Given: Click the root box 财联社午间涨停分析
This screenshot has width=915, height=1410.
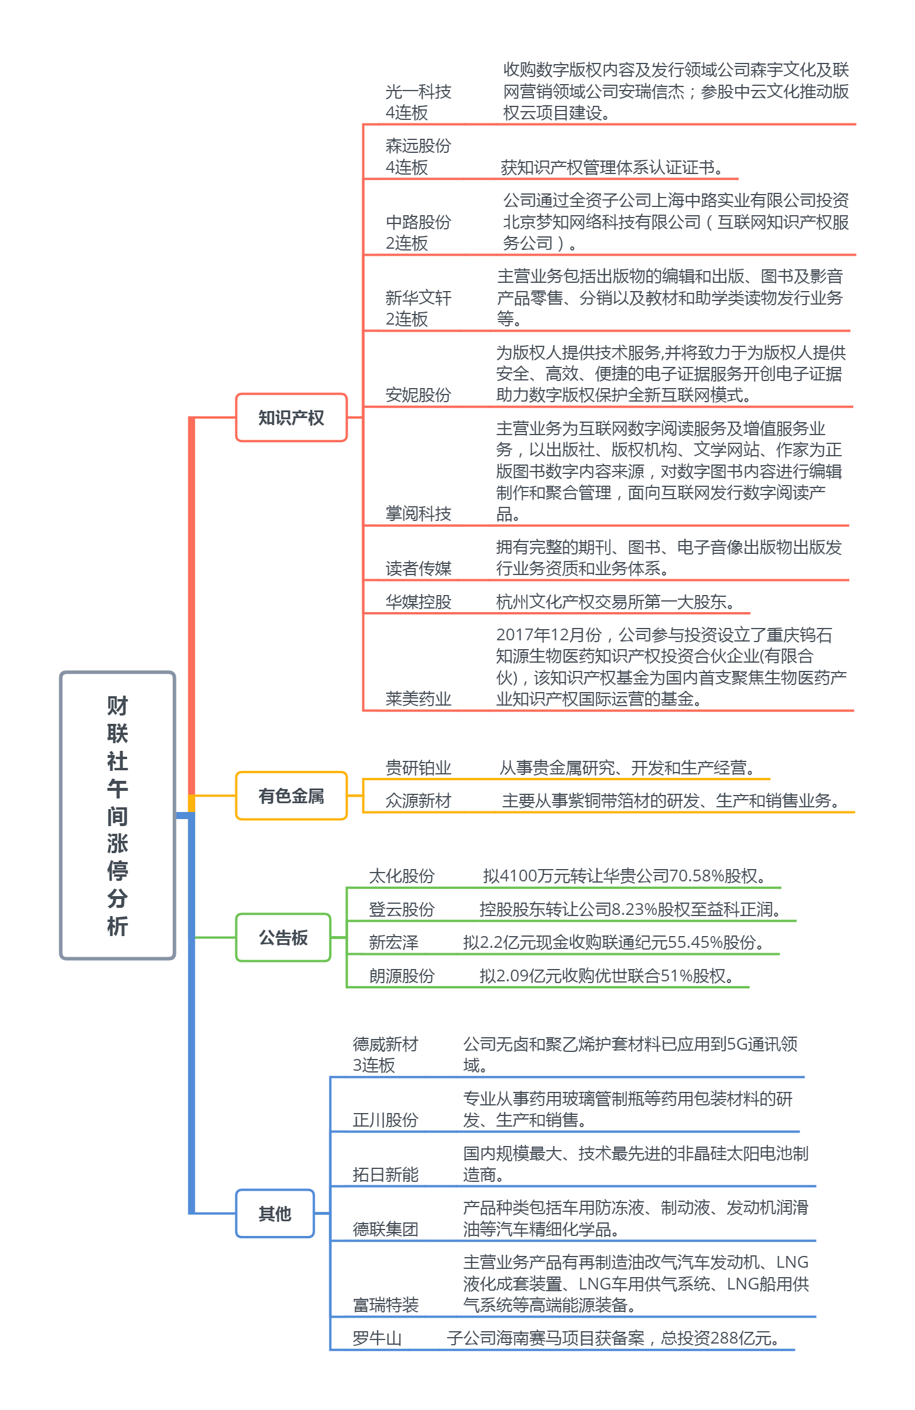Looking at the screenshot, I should coord(118,814).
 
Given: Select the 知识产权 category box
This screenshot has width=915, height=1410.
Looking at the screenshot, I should coord(291,417).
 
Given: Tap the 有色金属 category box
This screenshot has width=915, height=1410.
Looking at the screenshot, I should coord(291,796).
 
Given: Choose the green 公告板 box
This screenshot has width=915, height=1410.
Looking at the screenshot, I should coord(283,937).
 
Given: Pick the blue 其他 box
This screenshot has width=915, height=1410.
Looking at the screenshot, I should coord(275,1213).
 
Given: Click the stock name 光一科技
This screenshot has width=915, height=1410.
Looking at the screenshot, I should coord(418,92).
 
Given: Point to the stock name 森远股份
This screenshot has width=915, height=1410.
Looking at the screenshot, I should coord(418,146).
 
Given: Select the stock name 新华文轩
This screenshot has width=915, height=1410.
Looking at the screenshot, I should coord(418,298).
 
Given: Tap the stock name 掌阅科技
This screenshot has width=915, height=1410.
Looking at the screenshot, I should coord(418,513).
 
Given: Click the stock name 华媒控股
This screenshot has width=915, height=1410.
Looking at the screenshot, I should coord(418,602).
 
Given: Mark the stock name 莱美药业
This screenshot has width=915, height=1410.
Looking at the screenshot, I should coord(418,699).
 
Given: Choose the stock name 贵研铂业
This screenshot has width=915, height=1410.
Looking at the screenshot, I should coord(418,768).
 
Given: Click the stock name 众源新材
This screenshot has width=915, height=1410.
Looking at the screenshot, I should coord(418,801).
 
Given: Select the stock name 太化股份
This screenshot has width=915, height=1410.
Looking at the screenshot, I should coord(401,876).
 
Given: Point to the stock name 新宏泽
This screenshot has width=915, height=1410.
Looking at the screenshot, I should coord(393,942).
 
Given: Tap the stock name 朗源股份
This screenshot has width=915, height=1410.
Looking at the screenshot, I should coord(401,975).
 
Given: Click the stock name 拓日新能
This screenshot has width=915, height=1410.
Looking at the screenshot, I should coord(385,1174).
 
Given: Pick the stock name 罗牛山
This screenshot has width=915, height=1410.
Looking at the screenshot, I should coord(377,1338).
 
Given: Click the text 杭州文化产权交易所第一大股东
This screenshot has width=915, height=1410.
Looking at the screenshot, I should coord(615,602).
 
